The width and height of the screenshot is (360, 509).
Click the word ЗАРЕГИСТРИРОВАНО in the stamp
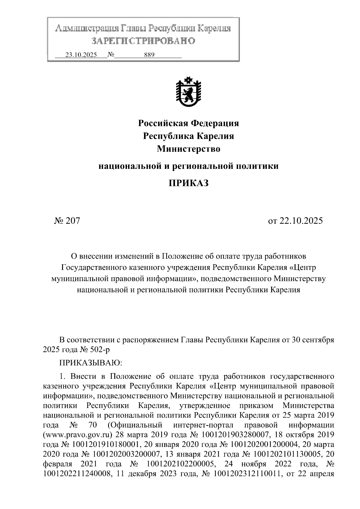click(143, 41)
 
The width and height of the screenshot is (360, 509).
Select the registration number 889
click(149, 55)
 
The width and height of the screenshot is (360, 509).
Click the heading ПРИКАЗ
click(188, 183)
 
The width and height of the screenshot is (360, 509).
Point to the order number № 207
click(67, 221)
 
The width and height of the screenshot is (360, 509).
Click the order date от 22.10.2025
click(295, 221)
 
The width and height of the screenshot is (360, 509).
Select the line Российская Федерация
click(188, 123)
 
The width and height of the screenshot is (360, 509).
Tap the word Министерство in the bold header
click(188, 149)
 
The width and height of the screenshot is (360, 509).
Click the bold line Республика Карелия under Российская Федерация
click(188, 136)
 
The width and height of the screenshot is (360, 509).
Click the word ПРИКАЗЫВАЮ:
click(90, 363)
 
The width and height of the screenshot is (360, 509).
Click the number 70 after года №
click(92, 425)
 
